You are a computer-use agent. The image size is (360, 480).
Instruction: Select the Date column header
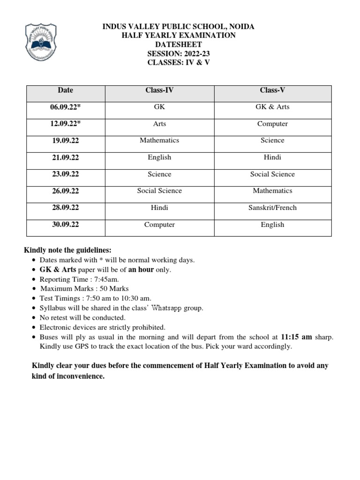tap(66, 90)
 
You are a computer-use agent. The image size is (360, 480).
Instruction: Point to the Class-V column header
tap(272, 90)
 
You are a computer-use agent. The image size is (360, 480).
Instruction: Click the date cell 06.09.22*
tap(66, 107)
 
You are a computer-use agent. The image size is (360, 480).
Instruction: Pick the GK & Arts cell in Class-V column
tap(272, 107)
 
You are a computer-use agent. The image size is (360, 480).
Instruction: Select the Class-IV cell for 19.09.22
tap(159, 140)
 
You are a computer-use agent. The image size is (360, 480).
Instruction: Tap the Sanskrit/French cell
tap(272, 208)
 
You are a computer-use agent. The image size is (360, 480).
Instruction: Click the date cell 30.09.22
tap(66, 225)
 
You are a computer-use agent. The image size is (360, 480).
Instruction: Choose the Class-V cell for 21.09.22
tap(272, 157)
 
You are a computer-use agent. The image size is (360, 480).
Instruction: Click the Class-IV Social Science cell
tap(159, 191)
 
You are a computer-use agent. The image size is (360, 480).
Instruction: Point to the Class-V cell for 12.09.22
tap(272, 124)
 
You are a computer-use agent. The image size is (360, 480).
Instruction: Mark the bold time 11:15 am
tap(297, 337)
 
